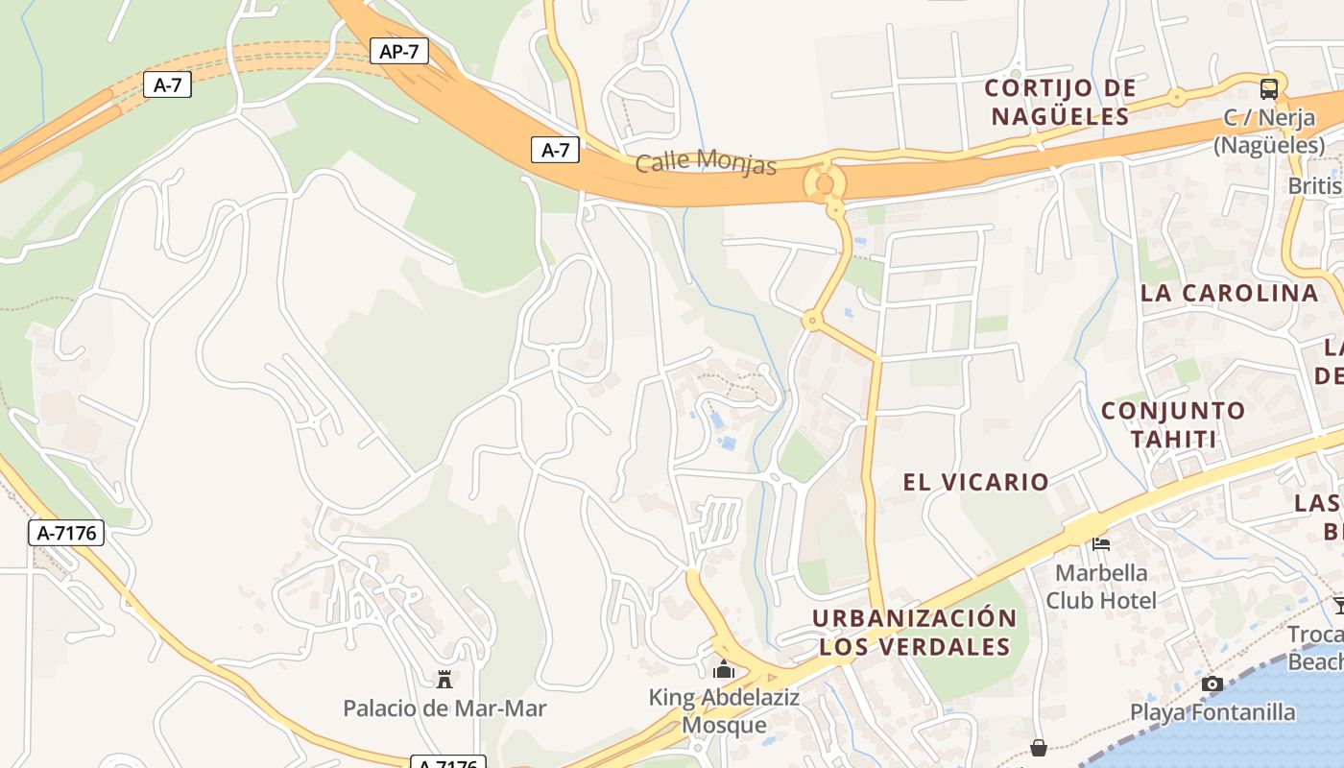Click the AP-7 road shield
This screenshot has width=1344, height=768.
(x=398, y=51)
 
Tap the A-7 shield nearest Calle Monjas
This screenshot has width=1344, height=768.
(x=556, y=150)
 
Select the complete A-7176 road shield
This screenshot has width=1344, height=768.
(x=66, y=533)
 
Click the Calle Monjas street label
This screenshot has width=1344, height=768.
(x=706, y=161)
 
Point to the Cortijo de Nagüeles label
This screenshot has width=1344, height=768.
(x=1061, y=103)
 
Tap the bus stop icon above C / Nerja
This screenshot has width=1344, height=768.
(x=1269, y=89)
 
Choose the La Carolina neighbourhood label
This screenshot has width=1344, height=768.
(x=1230, y=293)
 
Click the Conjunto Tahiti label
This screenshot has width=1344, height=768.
(x=1173, y=425)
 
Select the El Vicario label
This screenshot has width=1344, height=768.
(x=975, y=482)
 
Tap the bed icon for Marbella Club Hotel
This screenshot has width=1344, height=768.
(x=1101, y=544)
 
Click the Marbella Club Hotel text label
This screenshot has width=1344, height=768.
(x=1101, y=587)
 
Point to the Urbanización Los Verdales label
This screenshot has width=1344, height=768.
(x=914, y=632)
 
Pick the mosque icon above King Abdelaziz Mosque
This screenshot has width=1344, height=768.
(x=724, y=668)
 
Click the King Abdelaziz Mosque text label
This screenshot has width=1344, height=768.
(x=724, y=710)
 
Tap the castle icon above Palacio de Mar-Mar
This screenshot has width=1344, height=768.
(x=444, y=680)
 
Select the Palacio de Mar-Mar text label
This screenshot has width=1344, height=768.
(x=444, y=709)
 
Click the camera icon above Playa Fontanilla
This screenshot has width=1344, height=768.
(x=1212, y=684)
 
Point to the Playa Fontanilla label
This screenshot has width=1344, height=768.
(x=1212, y=712)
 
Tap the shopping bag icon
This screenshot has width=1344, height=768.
(x=1039, y=747)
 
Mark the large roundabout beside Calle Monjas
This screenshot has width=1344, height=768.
(x=824, y=182)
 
